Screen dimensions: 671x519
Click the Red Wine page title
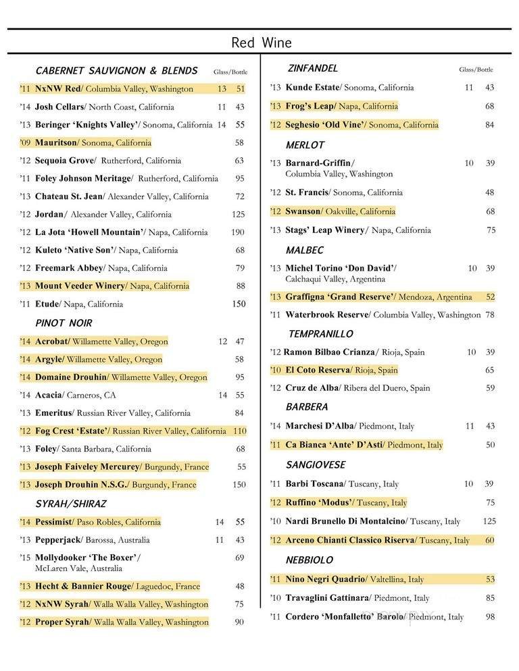tap(262, 43)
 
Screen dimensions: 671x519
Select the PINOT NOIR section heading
tap(64, 323)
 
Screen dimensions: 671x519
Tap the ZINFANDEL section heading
tap(313, 69)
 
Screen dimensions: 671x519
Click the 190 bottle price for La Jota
tap(239, 232)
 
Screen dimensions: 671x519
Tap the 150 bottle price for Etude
tap(239, 304)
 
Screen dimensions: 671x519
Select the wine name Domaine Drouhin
tap(72, 377)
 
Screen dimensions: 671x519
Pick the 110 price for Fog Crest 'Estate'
tap(239, 431)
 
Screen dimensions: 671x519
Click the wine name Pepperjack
tap(58, 540)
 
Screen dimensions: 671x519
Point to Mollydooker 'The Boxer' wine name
tap(87, 558)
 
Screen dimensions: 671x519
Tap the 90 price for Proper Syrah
tap(239, 622)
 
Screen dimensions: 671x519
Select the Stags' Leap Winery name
tap(325, 230)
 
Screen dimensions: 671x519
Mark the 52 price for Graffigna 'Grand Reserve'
tap(490, 297)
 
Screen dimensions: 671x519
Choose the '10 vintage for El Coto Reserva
tap(275, 370)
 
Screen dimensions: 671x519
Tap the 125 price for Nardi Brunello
tap(489, 521)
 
